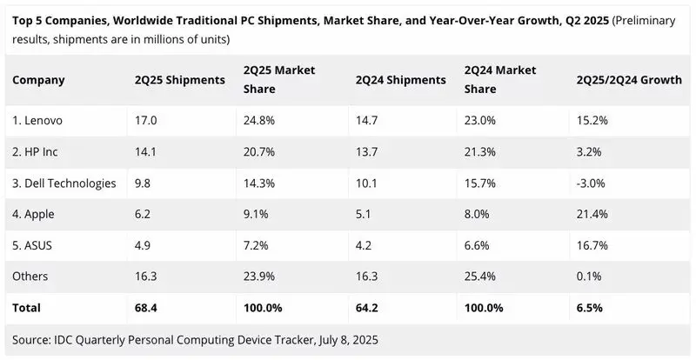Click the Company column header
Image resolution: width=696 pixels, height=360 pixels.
[38, 80]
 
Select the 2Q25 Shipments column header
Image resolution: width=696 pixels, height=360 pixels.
[180, 80]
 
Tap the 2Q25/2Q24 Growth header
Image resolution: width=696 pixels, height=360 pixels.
[629, 80]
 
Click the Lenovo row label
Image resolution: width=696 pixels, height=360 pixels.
[37, 120]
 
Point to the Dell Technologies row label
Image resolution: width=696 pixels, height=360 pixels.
[64, 183]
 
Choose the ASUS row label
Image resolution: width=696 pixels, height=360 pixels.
[32, 245]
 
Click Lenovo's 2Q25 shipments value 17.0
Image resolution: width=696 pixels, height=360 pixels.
[145, 120]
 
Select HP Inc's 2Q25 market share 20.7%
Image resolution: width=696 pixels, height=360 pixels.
[259, 152]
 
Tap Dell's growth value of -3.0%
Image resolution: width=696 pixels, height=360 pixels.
[591, 183]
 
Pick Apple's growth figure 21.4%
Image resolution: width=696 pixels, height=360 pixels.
[592, 214]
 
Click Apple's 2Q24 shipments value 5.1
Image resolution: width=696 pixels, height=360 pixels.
[364, 214]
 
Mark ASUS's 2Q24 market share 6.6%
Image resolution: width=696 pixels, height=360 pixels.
[477, 245]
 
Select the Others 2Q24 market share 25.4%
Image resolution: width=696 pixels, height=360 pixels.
[480, 277]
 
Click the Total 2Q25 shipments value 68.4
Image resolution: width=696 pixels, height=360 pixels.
[146, 308]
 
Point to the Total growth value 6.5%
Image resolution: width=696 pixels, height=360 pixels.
[590, 308]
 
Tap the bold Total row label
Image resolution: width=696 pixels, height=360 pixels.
[26, 308]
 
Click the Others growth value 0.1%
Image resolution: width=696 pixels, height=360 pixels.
[589, 277]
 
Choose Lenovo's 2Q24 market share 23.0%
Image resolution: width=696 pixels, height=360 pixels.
[480, 120]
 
